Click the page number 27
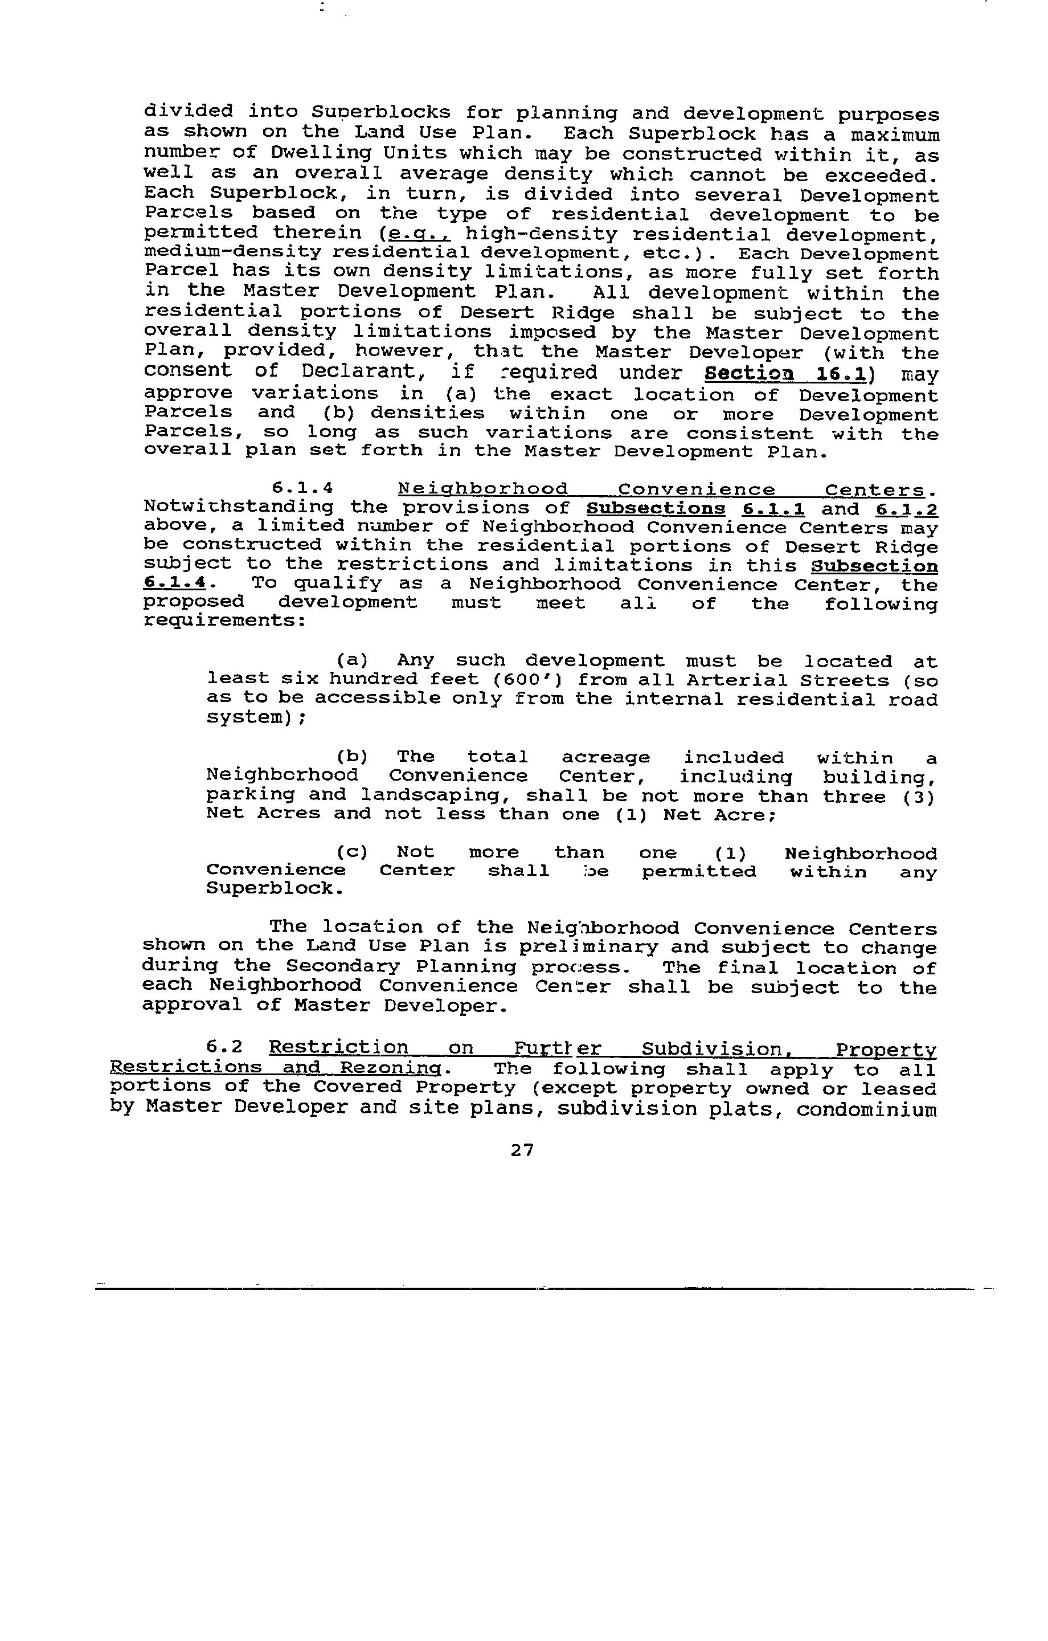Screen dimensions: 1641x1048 (522, 1150)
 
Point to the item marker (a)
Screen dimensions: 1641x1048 (353, 660)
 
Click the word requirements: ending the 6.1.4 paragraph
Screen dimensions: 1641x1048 (224, 621)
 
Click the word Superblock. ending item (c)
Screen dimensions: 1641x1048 (275, 889)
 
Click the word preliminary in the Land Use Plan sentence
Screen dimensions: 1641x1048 (588, 947)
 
